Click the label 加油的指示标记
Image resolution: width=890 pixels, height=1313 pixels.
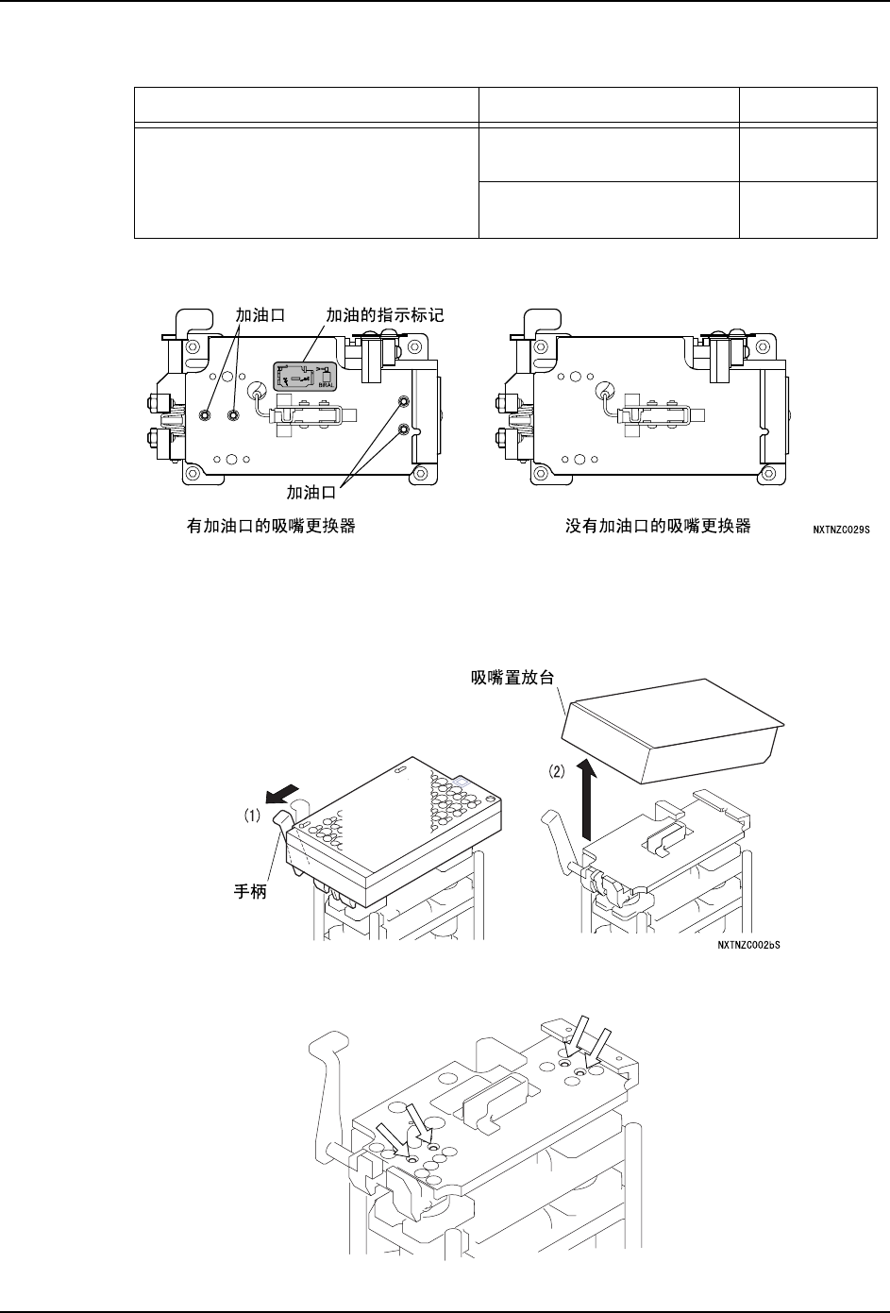pos(384,318)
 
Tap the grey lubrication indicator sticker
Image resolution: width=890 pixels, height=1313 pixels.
pos(307,376)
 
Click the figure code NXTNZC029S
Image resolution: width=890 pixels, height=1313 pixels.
pos(840,530)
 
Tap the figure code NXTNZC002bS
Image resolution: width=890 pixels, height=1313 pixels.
pos(751,944)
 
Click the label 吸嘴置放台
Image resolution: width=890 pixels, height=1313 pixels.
pos(511,677)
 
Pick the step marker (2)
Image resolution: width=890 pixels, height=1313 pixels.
pos(558,771)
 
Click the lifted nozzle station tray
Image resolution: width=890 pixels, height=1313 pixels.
pos(673,732)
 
